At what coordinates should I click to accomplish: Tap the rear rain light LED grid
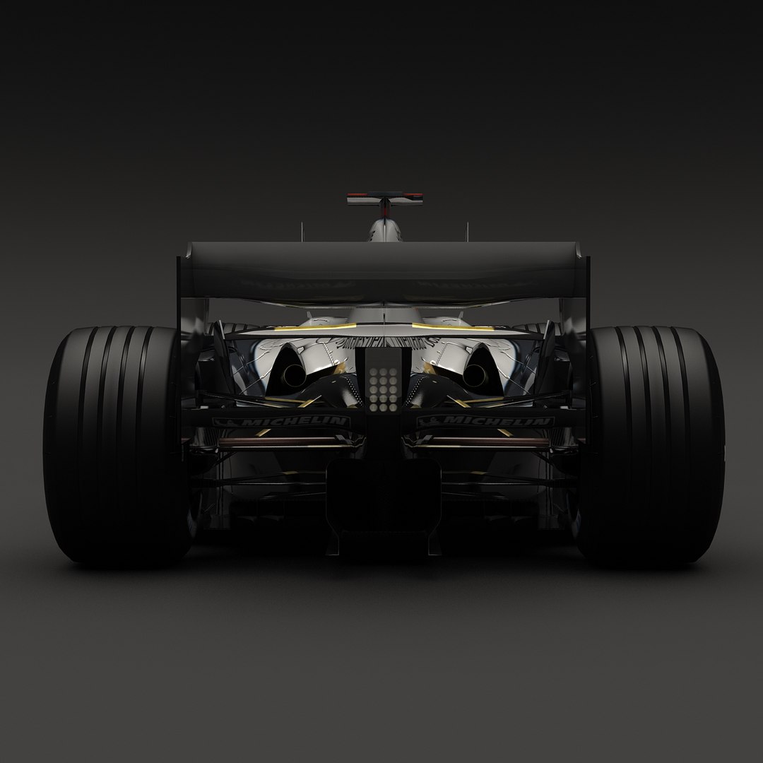point(381,389)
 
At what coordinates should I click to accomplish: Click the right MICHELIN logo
point(485,422)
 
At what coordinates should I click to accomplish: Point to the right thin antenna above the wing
point(467,231)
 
